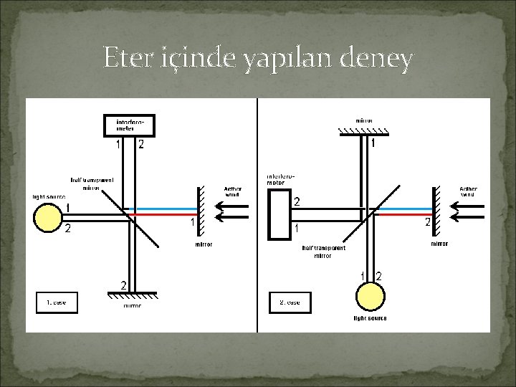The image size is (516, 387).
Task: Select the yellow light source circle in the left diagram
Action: pos(47,218)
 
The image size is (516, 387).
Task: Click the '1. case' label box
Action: pos(57,302)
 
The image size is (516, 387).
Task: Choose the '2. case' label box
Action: pos(289,302)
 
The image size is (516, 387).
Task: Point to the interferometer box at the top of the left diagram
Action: pos(129,125)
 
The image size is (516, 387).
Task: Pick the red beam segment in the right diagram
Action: pos(402,214)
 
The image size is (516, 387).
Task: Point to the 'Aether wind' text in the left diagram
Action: pos(234,191)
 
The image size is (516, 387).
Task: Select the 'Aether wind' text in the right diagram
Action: pos(467,191)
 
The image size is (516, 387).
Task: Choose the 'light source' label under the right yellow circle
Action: pos(370,318)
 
